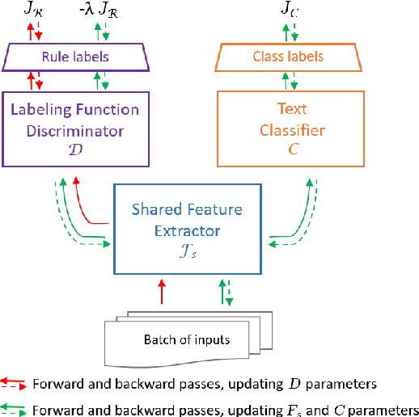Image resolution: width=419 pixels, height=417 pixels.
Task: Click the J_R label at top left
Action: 37,10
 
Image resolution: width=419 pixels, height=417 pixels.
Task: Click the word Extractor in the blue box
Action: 187,230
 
